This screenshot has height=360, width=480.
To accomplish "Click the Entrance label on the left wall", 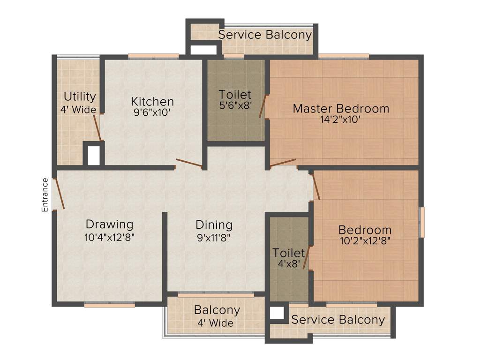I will coord(45,195).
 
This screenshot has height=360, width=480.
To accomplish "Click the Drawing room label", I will coord(109,224).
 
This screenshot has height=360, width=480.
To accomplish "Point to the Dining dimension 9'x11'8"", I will coord(214,237).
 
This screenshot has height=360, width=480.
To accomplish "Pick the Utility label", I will coord(80,97).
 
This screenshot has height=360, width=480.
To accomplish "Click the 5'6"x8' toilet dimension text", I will coord(236,105).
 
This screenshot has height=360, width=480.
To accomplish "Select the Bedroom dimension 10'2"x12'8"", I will coord(365,241).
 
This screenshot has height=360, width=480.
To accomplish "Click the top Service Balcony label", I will coord(265,35).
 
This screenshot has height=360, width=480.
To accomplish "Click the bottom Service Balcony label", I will coord(338,320).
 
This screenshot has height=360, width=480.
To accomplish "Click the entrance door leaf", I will coord(59,194).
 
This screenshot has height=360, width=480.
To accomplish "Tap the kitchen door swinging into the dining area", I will coord(189,164).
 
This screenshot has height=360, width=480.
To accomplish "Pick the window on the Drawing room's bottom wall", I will coord(110,305).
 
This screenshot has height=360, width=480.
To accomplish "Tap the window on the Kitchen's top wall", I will coord(153,56).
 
